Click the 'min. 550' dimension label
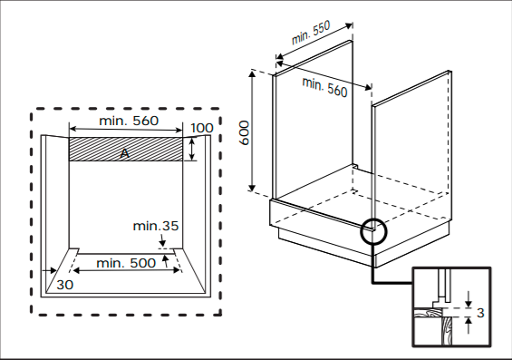click(311, 33)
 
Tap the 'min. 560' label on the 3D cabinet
click(324, 87)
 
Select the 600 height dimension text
click(245, 132)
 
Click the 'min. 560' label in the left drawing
click(129, 121)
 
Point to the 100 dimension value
click(202, 128)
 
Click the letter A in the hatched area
click(124, 153)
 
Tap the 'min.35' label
click(156, 226)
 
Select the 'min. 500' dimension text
click(126, 263)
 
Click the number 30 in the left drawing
click(65, 285)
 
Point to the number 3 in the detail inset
click(480, 313)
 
